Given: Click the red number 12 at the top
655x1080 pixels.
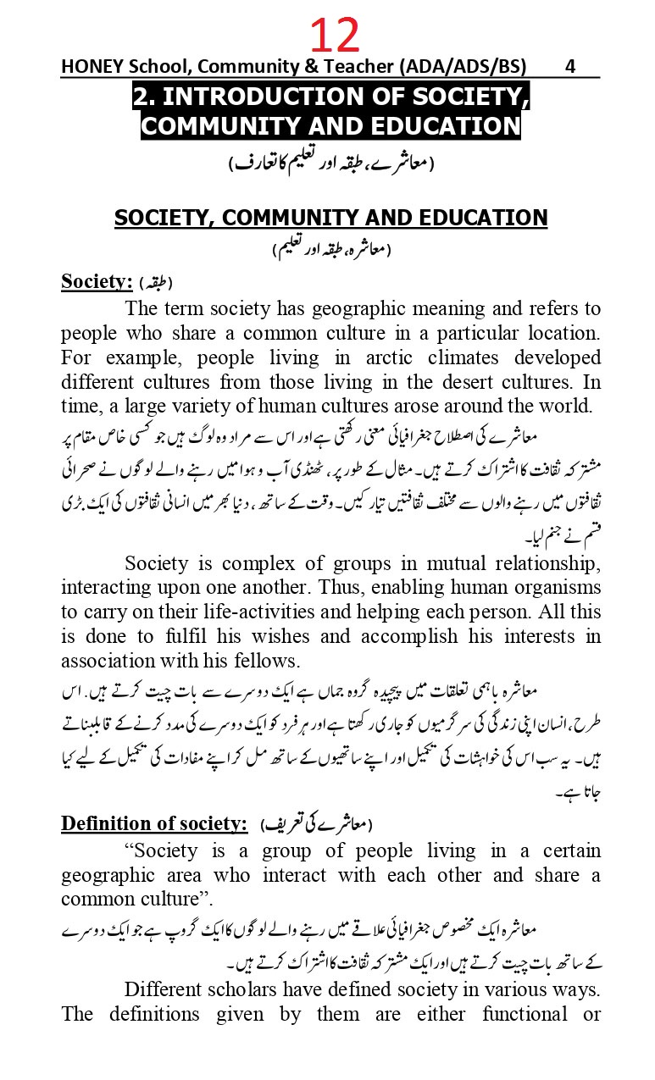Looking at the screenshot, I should pyautogui.click(x=335, y=36).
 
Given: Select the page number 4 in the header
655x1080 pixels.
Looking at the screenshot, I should pyautogui.click(x=570, y=66).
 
